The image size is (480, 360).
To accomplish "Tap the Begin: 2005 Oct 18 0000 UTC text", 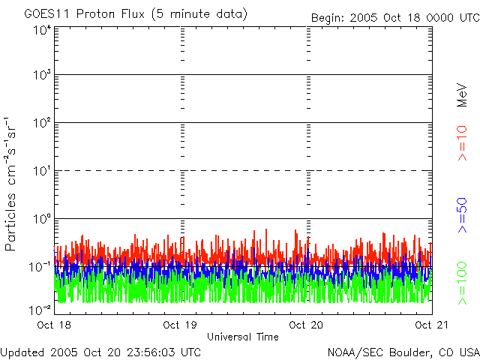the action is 395,18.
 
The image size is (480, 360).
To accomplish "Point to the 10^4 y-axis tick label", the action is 42,30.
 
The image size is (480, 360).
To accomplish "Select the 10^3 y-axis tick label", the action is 42,74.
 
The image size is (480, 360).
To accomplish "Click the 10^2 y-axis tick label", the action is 42,122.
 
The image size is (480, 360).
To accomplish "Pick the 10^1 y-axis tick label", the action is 42,170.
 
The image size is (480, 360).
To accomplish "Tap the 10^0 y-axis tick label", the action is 42,218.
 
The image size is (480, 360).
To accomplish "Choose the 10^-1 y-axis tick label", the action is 40,267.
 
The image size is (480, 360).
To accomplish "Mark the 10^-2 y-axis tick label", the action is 40,310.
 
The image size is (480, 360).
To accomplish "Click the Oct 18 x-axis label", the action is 54,325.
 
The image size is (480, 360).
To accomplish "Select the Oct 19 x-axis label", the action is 180,325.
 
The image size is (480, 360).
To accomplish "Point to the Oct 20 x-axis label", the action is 306,325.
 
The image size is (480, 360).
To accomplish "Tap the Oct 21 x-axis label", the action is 432,325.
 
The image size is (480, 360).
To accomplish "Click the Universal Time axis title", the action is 243,337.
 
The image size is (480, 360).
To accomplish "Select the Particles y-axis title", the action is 10,222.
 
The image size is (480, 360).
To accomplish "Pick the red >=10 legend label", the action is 462,143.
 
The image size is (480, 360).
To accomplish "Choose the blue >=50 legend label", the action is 462,215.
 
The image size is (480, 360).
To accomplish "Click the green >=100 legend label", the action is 462,283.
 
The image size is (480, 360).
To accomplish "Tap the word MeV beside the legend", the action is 462,95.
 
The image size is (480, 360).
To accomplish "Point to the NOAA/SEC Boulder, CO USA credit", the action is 403,352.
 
